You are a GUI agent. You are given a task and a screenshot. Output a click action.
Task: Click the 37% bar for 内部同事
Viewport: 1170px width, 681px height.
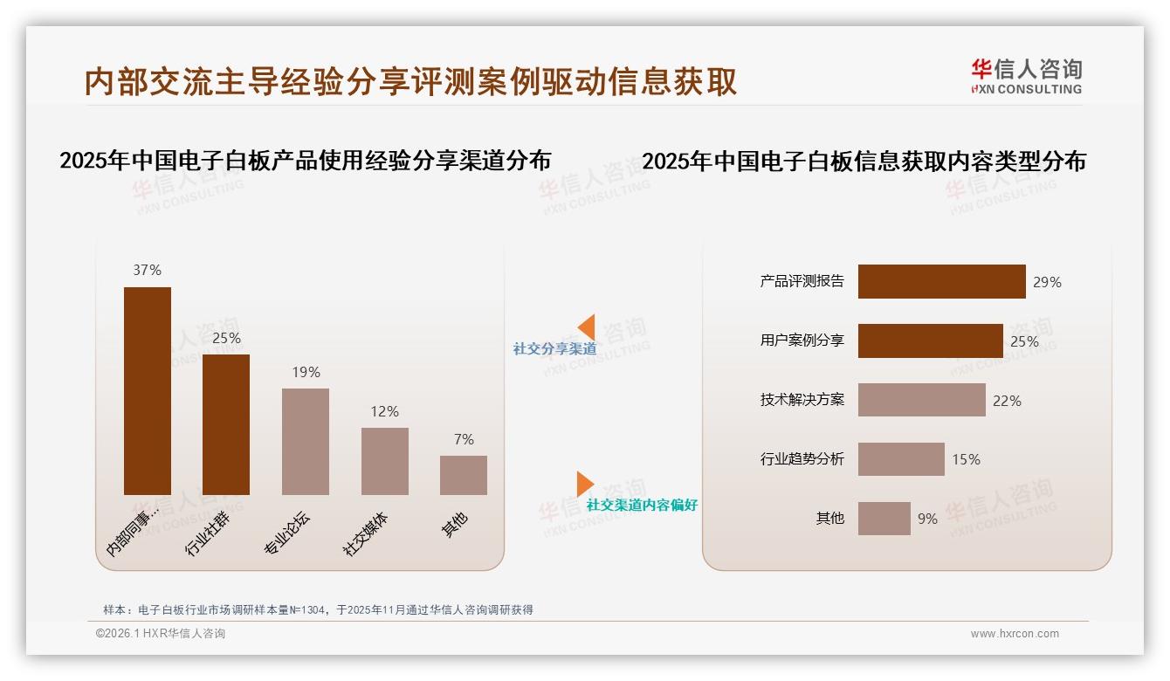[x=148, y=390]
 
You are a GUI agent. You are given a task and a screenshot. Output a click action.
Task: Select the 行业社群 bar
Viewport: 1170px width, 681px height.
[x=226, y=424]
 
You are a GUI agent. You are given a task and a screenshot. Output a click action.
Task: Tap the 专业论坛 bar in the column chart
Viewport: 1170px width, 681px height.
[x=306, y=441]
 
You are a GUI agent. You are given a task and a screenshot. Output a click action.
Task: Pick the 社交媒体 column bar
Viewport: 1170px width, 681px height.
[x=385, y=461]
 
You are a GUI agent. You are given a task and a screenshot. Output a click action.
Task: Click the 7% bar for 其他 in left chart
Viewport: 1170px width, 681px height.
[x=464, y=475]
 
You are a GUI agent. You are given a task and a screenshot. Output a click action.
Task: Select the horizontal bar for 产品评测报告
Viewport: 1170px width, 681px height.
[x=941, y=282]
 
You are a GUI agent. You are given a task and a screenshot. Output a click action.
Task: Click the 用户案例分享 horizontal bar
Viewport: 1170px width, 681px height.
[x=930, y=341]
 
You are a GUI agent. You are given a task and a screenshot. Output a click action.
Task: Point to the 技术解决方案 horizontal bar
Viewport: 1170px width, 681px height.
[x=921, y=400]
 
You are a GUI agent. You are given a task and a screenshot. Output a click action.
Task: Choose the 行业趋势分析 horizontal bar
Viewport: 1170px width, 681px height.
[x=901, y=459]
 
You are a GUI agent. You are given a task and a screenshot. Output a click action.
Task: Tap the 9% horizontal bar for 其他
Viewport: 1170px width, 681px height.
[x=884, y=519]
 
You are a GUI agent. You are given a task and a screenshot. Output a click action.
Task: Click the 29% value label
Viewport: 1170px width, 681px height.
[x=1047, y=282]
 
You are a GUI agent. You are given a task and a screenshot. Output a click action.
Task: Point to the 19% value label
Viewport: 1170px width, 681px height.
[x=306, y=373]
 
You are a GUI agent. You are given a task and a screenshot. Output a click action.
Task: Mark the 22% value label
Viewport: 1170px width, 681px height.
[x=1007, y=401]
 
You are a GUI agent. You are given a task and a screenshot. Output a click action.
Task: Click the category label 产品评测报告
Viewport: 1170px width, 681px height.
[x=802, y=281]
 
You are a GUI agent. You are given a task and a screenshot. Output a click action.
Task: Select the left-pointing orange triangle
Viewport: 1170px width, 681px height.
[x=588, y=327]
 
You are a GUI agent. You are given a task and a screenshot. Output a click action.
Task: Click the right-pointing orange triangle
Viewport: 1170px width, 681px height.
[x=584, y=484]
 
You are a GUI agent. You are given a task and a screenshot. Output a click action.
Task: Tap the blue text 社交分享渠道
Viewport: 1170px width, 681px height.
[x=554, y=349]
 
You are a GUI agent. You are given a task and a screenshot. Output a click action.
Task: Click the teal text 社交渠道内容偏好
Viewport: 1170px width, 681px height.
[x=642, y=506]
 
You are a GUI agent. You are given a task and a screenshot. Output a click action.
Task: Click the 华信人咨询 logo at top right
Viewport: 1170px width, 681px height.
[x=1026, y=76]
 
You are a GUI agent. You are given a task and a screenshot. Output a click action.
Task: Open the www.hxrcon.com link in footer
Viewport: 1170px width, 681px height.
[x=1015, y=634]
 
